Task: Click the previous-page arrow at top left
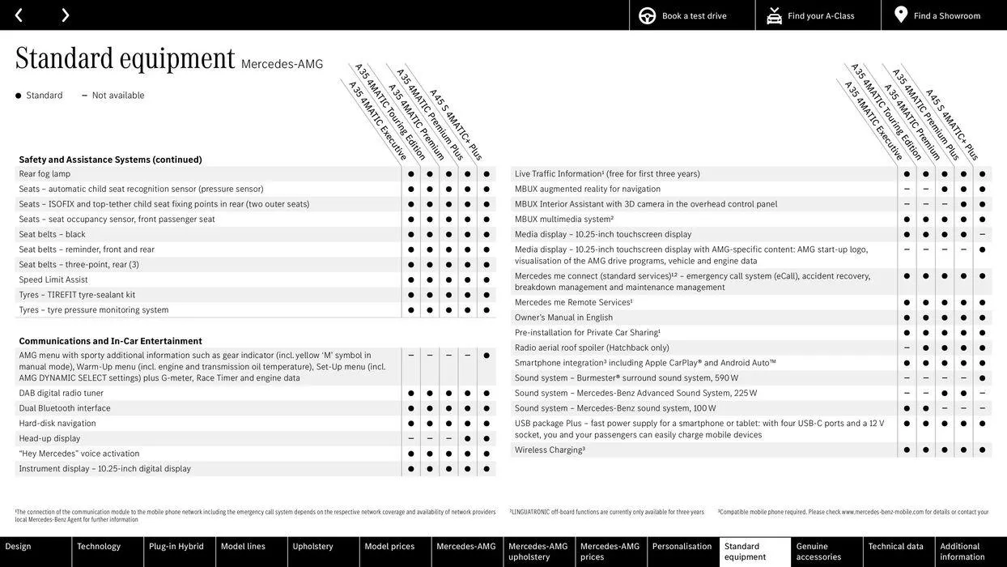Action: [19, 15]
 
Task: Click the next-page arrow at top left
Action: [65, 15]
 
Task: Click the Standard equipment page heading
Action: [125, 58]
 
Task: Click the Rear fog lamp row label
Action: [45, 174]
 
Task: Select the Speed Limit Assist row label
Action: [53, 280]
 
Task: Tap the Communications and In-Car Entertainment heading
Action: [110, 341]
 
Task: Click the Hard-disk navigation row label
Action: [57, 424]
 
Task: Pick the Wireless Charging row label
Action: [550, 450]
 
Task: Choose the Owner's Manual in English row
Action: [563, 318]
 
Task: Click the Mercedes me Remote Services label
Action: [573, 303]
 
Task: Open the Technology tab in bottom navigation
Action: [99, 547]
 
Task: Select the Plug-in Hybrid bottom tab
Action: [176, 547]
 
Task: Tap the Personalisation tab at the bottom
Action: [682, 547]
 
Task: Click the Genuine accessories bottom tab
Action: [818, 552]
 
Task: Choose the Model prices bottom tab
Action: [389, 547]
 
